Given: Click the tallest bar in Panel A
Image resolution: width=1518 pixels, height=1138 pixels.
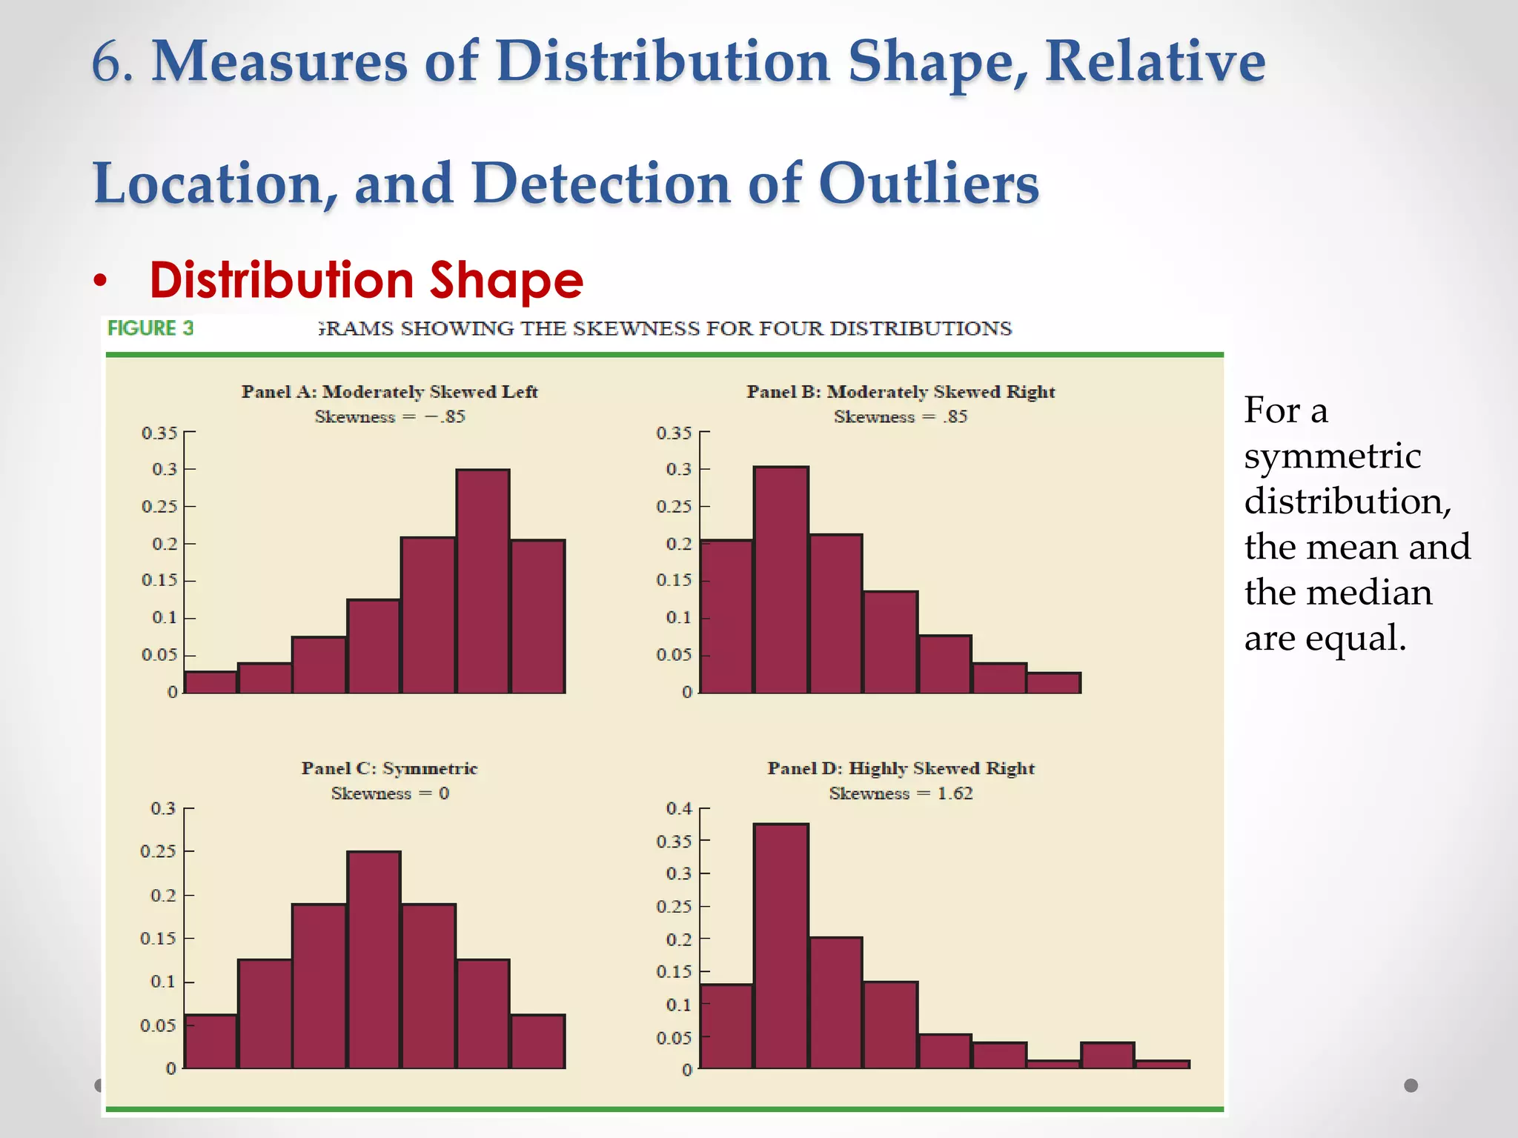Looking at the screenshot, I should (483, 582).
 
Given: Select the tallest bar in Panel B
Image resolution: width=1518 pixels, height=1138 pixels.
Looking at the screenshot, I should (781, 580).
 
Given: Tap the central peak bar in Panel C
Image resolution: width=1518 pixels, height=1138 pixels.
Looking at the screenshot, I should (374, 959).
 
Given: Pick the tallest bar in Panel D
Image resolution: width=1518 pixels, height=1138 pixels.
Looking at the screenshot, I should (781, 946).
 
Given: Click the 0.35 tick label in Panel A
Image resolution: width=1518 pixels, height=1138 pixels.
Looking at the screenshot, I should (159, 433).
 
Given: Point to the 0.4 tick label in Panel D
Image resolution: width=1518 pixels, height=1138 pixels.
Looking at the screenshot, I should (679, 808).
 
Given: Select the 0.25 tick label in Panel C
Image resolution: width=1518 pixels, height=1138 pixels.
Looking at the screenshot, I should (159, 851).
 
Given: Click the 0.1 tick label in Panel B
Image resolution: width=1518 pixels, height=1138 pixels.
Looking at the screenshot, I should (678, 617).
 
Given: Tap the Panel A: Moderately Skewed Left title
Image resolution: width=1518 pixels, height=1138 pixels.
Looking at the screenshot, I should (389, 392).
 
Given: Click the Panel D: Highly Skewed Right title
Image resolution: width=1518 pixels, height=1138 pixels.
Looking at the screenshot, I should (901, 768).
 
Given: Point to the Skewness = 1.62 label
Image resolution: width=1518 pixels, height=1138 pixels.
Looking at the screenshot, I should (901, 793).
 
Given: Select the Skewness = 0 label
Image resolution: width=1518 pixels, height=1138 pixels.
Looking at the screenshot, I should (390, 793).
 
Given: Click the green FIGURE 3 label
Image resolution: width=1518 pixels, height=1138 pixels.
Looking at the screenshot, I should (150, 328).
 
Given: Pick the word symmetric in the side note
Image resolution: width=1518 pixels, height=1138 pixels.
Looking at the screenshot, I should (1332, 456).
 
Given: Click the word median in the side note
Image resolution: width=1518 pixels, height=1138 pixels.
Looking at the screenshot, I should (1369, 593).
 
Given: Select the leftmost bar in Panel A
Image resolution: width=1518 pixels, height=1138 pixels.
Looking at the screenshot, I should (211, 682).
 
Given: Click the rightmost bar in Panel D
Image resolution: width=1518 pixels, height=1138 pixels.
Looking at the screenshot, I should (1162, 1064).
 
